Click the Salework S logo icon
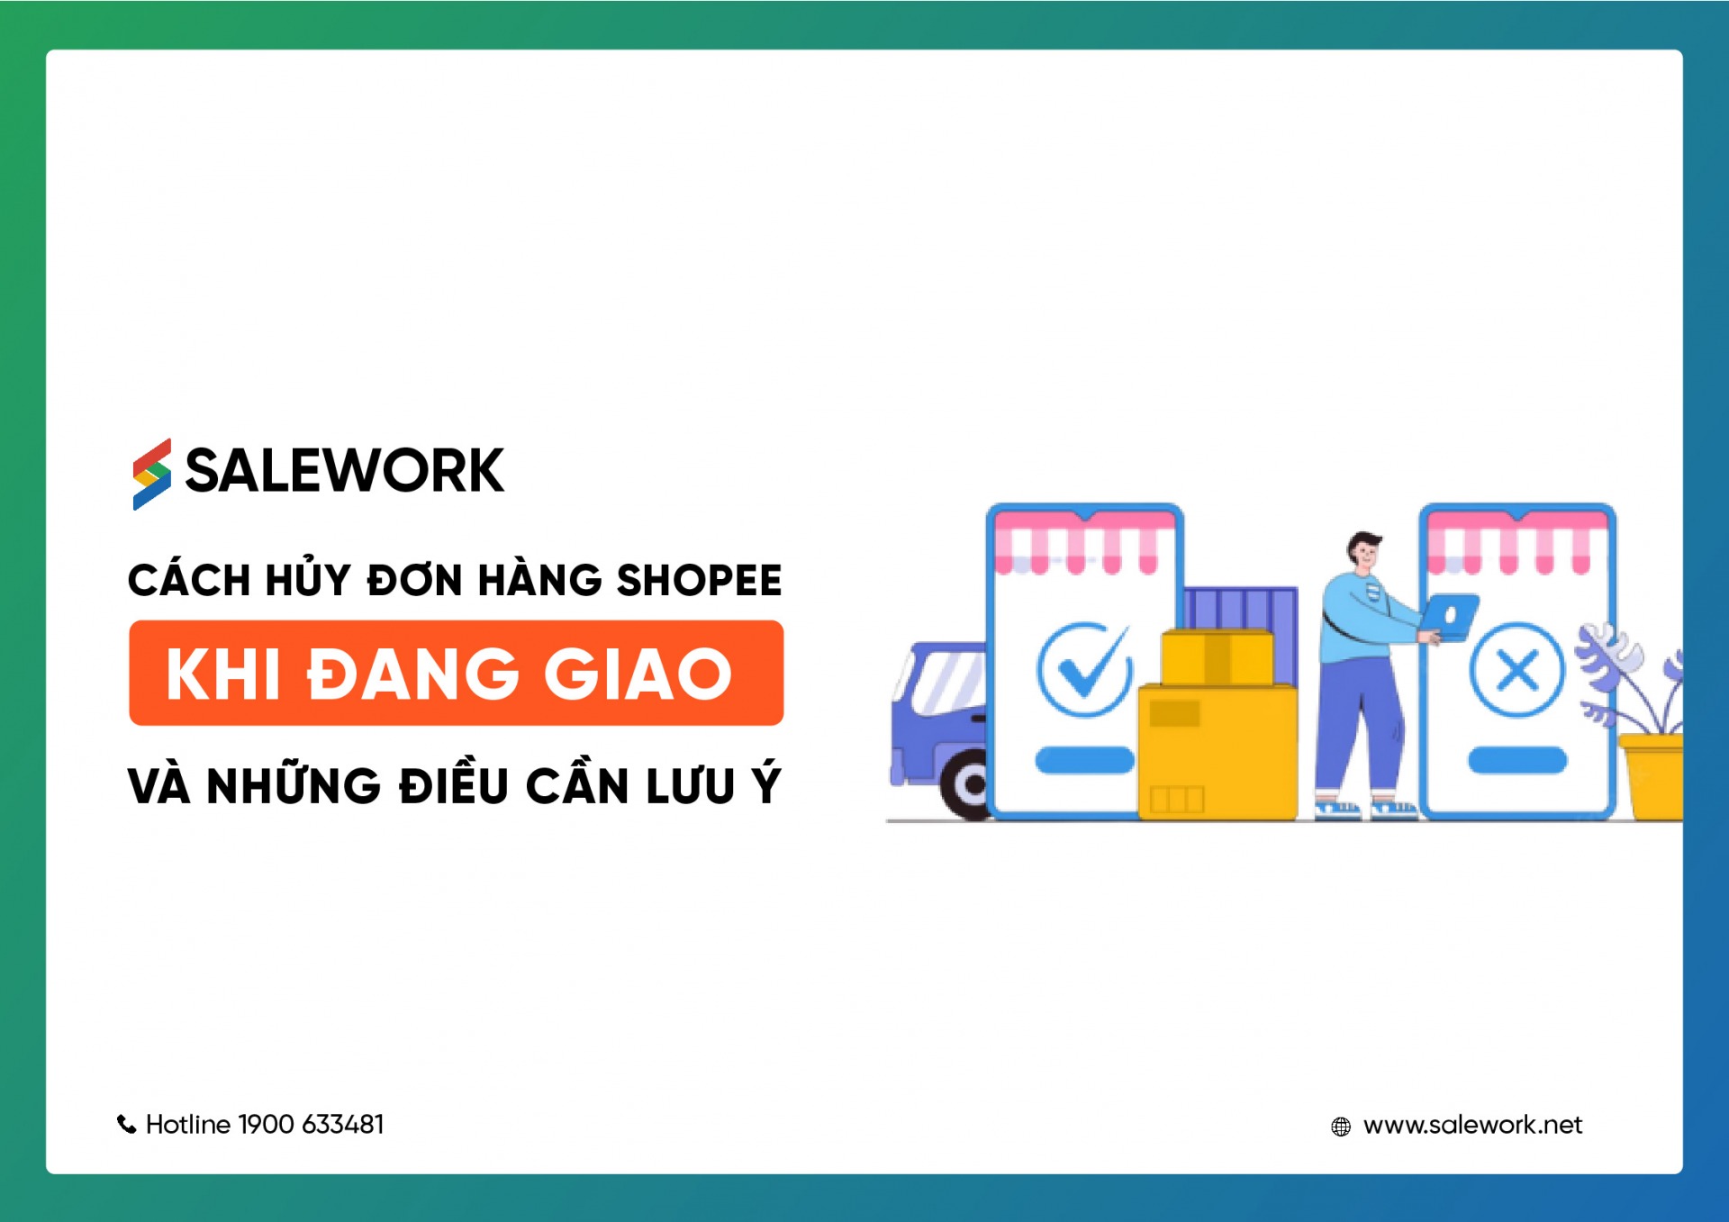pyautogui.click(x=151, y=474)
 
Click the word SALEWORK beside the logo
pyautogui.click(x=344, y=470)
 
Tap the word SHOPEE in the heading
pyautogui.click(x=699, y=580)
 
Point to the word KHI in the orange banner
pyautogui.click(x=223, y=673)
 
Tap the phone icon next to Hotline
pyautogui.click(x=126, y=1124)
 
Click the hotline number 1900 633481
pyautogui.click(x=311, y=1124)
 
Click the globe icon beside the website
pyautogui.click(x=1341, y=1127)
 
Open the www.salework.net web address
pyautogui.click(x=1472, y=1125)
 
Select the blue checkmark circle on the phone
pyautogui.click(x=1084, y=670)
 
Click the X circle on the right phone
pyautogui.click(x=1517, y=670)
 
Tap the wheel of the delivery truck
pyautogui.click(x=967, y=785)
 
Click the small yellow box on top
pyautogui.click(x=1218, y=657)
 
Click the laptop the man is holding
pyautogui.click(x=1449, y=616)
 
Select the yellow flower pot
pyautogui.click(x=1652, y=776)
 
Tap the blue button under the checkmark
pyautogui.click(x=1084, y=760)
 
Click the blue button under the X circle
pyautogui.click(x=1517, y=760)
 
